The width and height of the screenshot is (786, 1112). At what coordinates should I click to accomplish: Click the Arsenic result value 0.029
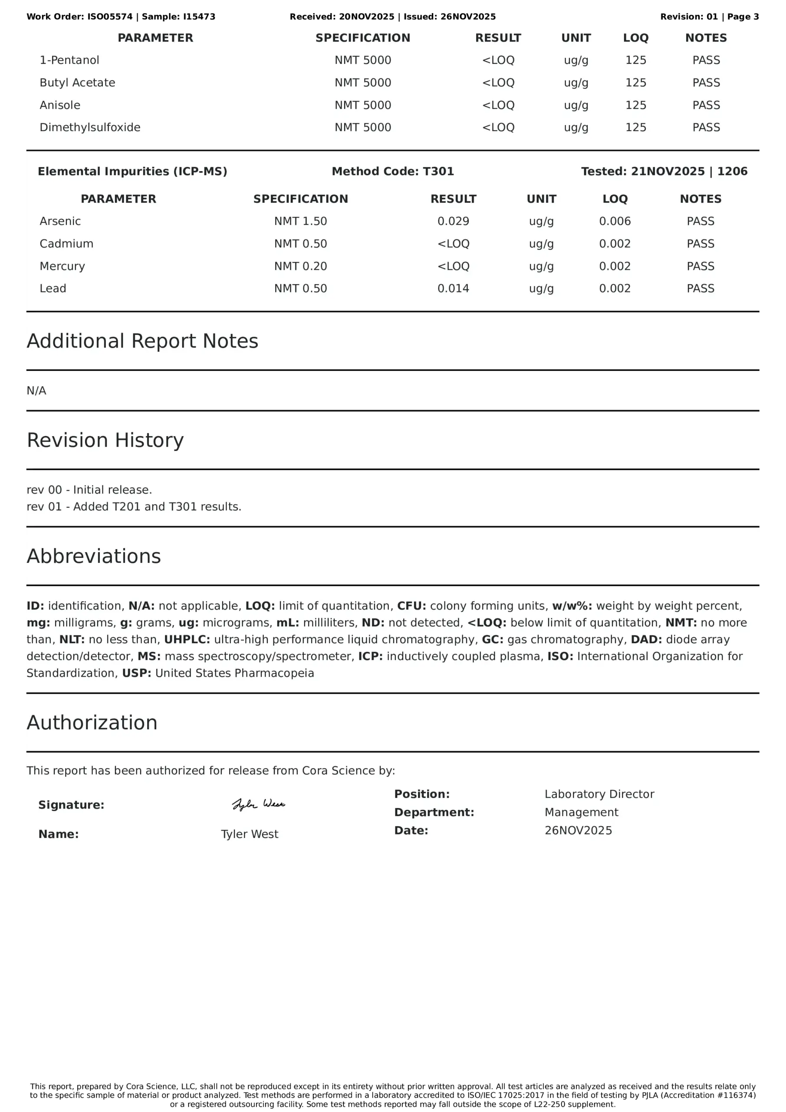pyautogui.click(x=453, y=222)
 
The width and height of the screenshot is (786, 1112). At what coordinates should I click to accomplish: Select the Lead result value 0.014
pyautogui.click(x=453, y=289)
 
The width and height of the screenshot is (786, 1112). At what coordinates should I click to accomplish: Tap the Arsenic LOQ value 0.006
pyautogui.click(x=615, y=222)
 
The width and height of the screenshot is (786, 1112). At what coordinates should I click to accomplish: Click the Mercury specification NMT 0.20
pyautogui.click(x=301, y=266)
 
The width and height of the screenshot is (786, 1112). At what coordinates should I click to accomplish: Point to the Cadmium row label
pyautogui.click(x=66, y=244)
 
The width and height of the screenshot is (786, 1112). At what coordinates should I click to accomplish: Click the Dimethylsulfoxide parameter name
pyautogui.click(x=90, y=127)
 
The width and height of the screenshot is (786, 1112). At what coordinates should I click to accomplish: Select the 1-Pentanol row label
pyautogui.click(x=69, y=60)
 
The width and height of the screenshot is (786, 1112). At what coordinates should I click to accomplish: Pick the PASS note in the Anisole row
pyautogui.click(x=706, y=105)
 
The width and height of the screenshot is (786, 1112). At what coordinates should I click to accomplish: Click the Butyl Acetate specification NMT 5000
pyautogui.click(x=362, y=83)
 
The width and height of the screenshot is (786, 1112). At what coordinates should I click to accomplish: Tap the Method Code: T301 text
pyautogui.click(x=392, y=172)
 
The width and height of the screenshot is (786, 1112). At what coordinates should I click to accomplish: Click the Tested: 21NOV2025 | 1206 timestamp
pyautogui.click(x=664, y=172)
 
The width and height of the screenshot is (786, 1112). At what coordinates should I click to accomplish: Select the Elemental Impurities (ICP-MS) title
pyautogui.click(x=132, y=172)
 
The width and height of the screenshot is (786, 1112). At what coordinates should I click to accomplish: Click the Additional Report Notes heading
pyautogui.click(x=142, y=341)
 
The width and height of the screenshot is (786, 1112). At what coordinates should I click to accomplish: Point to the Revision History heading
pyautogui.click(x=105, y=440)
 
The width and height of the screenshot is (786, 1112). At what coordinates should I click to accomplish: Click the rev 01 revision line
pyautogui.click(x=134, y=506)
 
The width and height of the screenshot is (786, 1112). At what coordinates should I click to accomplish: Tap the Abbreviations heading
pyautogui.click(x=93, y=556)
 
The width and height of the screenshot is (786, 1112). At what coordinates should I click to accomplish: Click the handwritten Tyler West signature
pyautogui.click(x=258, y=804)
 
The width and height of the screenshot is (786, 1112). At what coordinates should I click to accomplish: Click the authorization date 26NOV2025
pyautogui.click(x=578, y=831)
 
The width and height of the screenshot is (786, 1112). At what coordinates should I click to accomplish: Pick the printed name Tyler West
pyautogui.click(x=249, y=834)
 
